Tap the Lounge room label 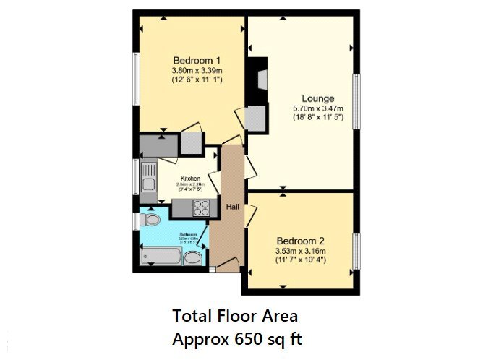pos(318,98)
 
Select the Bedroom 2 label pos(300,241)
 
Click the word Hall pos(232,207)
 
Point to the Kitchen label pos(190,178)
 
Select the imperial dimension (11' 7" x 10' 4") pos(300,260)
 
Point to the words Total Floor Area pos(235,316)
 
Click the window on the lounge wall pos(355,102)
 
